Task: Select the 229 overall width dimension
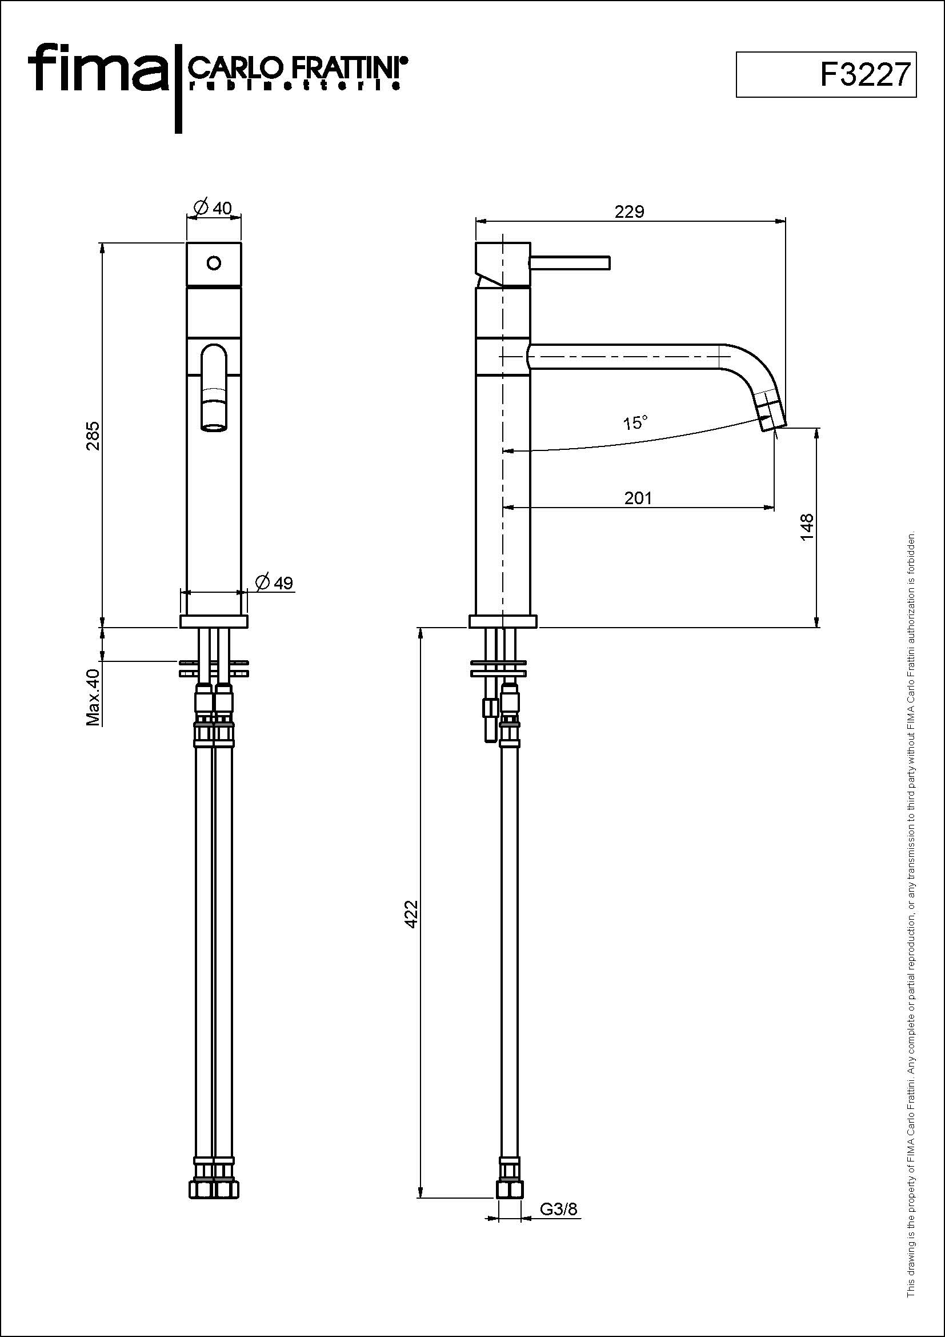(x=630, y=211)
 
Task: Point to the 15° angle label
(x=635, y=422)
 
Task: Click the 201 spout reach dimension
(x=638, y=498)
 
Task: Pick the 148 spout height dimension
(x=807, y=527)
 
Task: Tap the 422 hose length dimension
(x=411, y=913)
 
